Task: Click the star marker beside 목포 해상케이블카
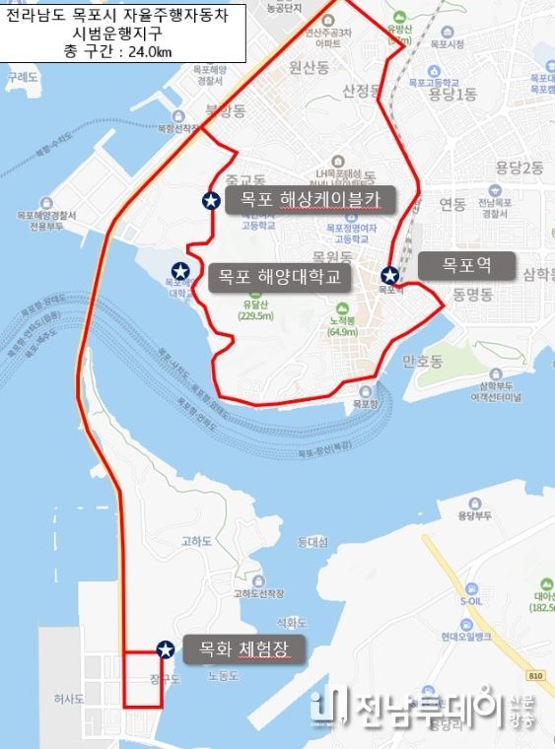211,201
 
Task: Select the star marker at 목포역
390,275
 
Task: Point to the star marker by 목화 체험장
166,648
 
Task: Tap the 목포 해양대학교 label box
278,277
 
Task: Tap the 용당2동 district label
520,168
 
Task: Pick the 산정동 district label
360,91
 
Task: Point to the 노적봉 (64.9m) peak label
343,326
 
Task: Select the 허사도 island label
69,699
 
